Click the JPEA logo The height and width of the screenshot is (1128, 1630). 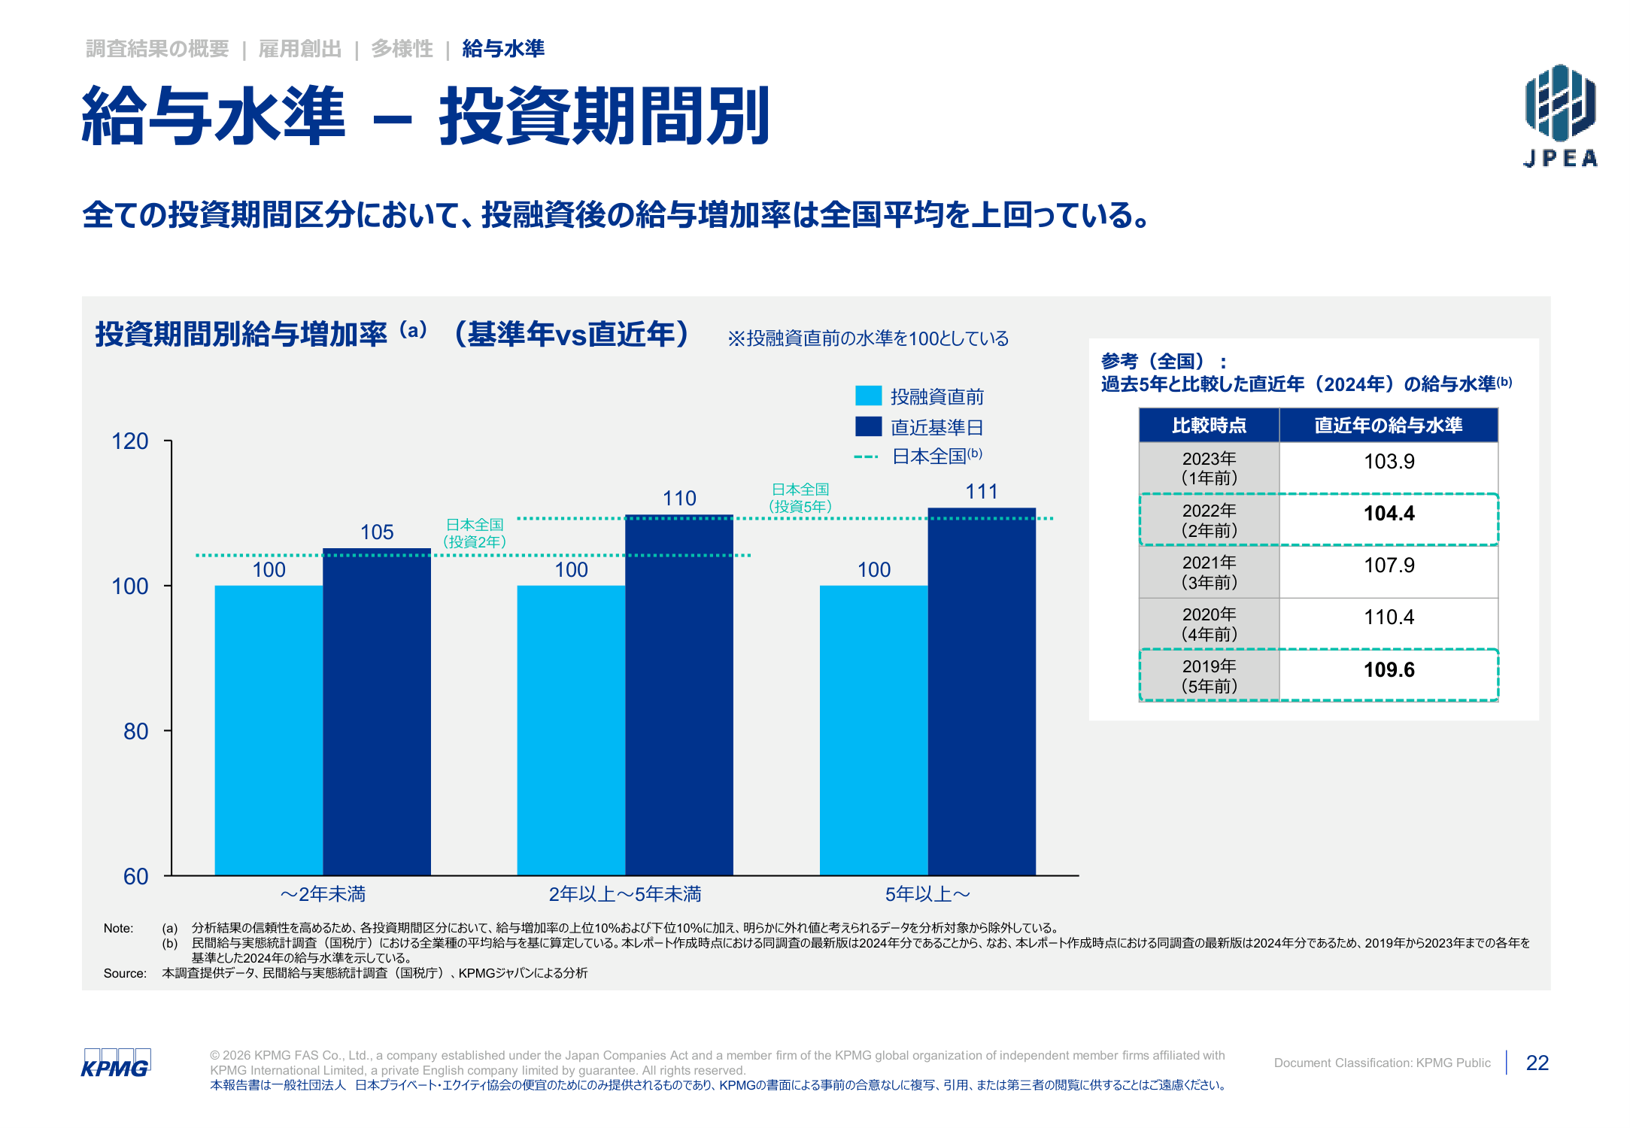1560,115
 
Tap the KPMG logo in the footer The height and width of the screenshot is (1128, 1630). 116,1063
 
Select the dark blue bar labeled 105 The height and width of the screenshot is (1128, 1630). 377,711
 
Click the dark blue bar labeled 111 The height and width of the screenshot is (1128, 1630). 982,692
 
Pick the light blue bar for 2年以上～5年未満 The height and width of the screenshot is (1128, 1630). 571,730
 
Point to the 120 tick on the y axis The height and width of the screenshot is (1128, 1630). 168,441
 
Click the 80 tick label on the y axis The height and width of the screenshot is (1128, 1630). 136,731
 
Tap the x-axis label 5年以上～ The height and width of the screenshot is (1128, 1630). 927,894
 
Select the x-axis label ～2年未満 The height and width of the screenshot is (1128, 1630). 323,894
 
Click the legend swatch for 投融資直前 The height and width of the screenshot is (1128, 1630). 868,396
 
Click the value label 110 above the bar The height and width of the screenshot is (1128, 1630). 679,498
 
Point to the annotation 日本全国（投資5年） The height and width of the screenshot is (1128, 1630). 800,498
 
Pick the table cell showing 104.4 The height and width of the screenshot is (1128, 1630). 1389,519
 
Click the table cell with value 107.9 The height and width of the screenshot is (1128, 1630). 1389,571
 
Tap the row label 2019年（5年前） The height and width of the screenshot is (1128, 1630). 1209,675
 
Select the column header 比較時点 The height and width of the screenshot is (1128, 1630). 1209,426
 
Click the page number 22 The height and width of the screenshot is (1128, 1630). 1537,1063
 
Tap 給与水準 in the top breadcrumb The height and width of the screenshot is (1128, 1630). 503,49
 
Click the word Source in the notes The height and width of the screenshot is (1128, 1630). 125,973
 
